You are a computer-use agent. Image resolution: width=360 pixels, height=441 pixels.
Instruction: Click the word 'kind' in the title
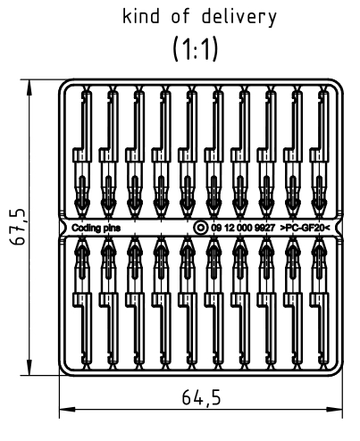click(x=141, y=16)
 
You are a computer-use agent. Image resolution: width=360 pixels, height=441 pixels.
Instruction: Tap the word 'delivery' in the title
click(x=239, y=17)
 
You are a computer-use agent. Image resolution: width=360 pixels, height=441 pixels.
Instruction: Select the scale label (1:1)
click(x=196, y=48)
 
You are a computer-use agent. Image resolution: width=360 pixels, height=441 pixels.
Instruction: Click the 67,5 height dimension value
click(x=17, y=227)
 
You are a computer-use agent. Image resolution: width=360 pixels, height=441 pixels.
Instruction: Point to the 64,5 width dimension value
click(x=201, y=397)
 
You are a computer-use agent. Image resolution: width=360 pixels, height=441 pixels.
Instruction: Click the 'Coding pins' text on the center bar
click(x=96, y=228)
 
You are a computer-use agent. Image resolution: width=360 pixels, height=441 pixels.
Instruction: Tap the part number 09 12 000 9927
click(x=243, y=228)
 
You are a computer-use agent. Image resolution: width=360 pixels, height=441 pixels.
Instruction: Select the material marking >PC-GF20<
click(x=305, y=228)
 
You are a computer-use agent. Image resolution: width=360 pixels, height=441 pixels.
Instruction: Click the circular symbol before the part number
click(x=200, y=228)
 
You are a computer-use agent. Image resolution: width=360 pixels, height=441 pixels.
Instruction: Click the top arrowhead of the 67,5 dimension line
click(x=29, y=87)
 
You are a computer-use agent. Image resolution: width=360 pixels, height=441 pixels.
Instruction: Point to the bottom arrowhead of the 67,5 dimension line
click(x=29, y=367)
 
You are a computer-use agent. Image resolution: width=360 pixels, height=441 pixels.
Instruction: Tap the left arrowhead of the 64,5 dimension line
click(x=68, y=410)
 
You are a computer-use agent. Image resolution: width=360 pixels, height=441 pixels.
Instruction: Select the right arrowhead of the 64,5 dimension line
click(x=334, y=410)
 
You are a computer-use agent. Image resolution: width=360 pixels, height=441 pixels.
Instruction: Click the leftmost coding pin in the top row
click(x=82, y=154)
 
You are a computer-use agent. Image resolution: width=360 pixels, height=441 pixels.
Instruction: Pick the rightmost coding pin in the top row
click(x=319, y=154)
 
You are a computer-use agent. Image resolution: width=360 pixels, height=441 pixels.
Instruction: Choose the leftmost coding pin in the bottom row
click(x=82, y=303)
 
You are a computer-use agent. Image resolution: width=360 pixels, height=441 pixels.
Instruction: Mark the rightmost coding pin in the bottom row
click(x=319, y=303)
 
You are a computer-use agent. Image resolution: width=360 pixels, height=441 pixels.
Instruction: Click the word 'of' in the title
click(x=180, y=16)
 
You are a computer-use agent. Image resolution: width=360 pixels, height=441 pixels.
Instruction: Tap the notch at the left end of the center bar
click(x=63, y=228)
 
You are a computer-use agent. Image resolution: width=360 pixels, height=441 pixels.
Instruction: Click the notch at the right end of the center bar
click(x=338, y=228)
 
